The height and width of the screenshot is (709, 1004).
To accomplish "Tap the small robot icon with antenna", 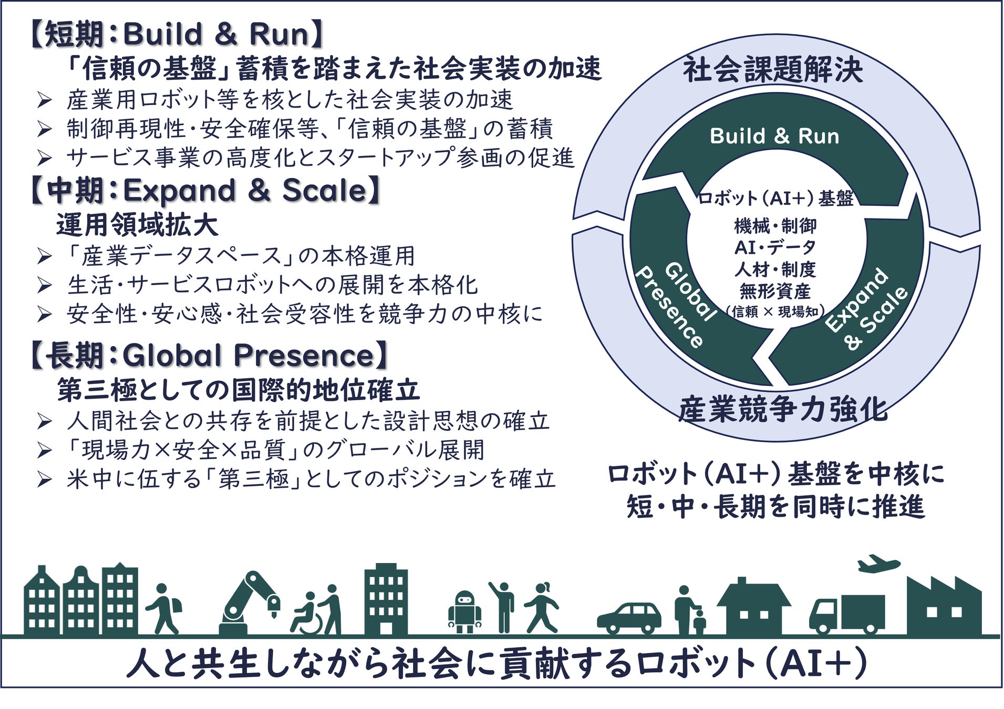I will coord(464,611).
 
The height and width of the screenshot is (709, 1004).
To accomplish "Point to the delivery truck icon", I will coord(846,614).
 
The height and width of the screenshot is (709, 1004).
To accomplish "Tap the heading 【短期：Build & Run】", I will coord(177,35).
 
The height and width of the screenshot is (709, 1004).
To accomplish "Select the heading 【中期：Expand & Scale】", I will coord(205,191).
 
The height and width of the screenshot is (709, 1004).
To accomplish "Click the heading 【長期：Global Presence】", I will coord(209,356).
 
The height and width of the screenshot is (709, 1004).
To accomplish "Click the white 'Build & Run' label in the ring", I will coord(774,136).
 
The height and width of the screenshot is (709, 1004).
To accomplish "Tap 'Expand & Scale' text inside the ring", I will coord(866,308).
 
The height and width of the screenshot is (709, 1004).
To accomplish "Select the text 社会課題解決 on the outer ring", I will coord(773,70).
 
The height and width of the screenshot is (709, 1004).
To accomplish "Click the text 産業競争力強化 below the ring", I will coord(782,410).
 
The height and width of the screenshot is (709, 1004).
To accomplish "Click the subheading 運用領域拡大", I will coord(137,225).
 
